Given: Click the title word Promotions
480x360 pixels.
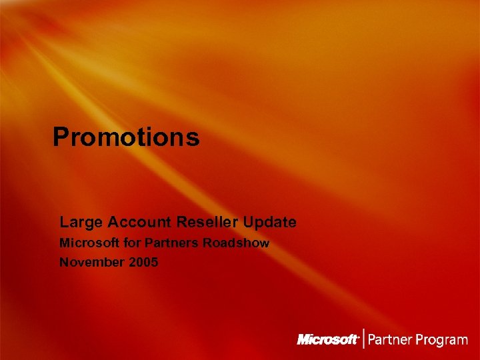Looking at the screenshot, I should [x=126, y=137].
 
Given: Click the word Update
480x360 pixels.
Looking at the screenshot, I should [x=270, y=222].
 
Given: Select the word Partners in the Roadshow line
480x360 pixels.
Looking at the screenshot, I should [x=167, y=243].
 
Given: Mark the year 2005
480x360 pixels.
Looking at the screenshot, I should [x=144, y=263].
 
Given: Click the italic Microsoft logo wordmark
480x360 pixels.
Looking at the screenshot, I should [x=327, y=340].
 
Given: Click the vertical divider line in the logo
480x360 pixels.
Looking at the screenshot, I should [x=363, y=339].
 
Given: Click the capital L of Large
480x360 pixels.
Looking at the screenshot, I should [x=64, y=222].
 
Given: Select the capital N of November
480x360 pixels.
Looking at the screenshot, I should [x=65, y=263].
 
